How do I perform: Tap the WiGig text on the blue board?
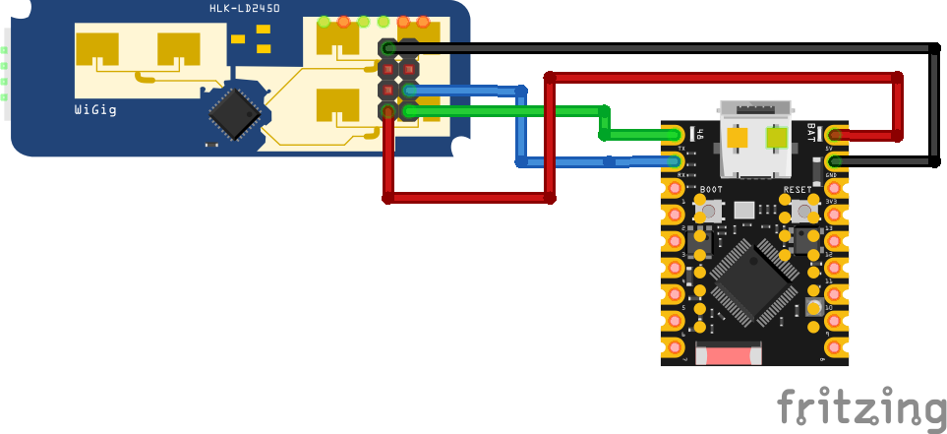[x=95, y=110]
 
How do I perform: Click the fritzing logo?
[x=860, y=407]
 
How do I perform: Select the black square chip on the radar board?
[x=234, y=113]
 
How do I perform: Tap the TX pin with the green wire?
[x=674, y=134]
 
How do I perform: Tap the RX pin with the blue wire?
[x=674, y=160]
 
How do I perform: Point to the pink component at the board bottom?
[x=729, y=353]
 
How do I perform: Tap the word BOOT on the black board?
[x=711, y=189]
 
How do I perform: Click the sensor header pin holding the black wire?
[x=389, y=48]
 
